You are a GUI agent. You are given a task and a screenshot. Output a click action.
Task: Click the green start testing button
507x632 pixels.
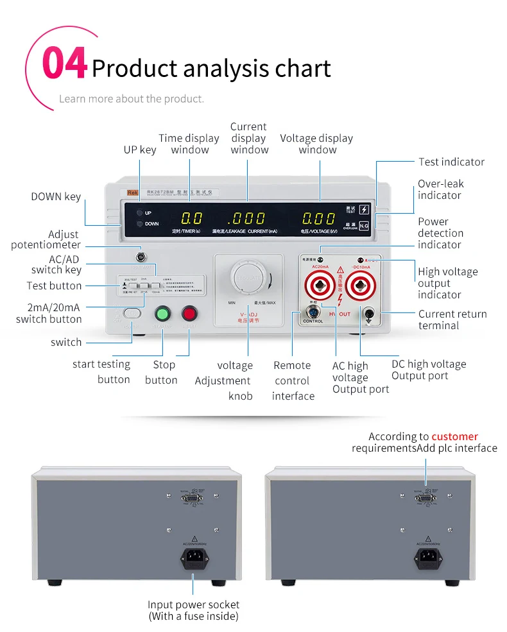point(163,314)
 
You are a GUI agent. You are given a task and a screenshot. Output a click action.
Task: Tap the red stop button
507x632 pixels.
point(189,314)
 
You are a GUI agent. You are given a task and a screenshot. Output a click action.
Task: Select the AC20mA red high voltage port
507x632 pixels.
point(320,282)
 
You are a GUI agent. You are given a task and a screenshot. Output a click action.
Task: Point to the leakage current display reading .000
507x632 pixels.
point(246,218)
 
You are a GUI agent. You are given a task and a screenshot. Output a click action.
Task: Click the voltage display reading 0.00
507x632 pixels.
point(319,218)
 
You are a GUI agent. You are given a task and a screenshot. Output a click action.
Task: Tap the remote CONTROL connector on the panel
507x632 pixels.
point(313,312)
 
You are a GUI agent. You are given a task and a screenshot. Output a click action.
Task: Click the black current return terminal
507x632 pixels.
point(369,314)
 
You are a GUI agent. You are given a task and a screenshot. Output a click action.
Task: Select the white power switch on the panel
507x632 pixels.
point(132,313)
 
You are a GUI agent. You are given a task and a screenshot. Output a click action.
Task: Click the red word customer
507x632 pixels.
point(454,436)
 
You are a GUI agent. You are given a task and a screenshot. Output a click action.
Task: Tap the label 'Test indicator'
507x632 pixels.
point(451,162)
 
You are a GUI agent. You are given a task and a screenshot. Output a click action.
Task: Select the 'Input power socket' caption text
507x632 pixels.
point(193,604)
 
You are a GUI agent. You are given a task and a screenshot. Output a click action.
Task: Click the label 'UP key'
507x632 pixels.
point(139,149)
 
